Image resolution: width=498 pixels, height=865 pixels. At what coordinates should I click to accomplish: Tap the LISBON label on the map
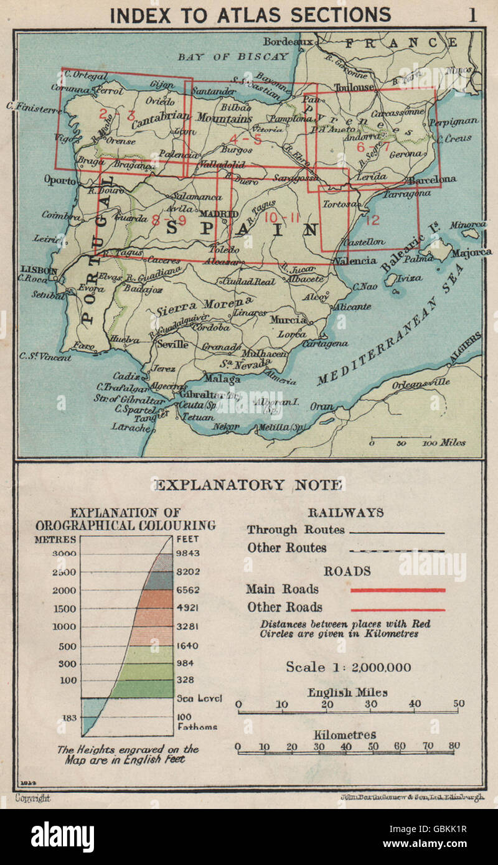point(39,271)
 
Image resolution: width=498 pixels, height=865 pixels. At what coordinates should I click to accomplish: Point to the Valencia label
point(355,261)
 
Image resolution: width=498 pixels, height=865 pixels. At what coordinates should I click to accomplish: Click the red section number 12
point(372,220)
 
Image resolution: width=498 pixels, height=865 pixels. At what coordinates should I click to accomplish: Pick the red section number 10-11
point(282,217)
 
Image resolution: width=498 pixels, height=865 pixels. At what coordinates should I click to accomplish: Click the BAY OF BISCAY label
point(233,57)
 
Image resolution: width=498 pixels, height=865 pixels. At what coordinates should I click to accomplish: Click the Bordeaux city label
point(286,42)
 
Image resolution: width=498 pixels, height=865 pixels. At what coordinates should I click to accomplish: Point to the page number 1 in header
point(472,14)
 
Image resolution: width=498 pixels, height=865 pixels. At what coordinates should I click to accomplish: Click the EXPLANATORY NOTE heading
point(248,485)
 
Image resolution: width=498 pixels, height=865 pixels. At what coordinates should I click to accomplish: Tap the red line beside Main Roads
point(398,590)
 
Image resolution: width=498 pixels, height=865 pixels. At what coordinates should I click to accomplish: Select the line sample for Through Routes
point(397,533)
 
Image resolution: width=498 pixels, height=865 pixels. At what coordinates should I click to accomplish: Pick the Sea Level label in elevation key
point(199,698)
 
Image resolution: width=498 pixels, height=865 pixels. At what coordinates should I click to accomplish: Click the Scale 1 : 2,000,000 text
point(348,667)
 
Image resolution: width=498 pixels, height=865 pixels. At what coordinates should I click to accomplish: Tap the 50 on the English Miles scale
point(459,704)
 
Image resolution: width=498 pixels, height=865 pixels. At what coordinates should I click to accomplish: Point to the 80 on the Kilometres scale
point(453,746)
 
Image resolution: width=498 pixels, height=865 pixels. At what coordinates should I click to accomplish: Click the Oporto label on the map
point(60,180)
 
